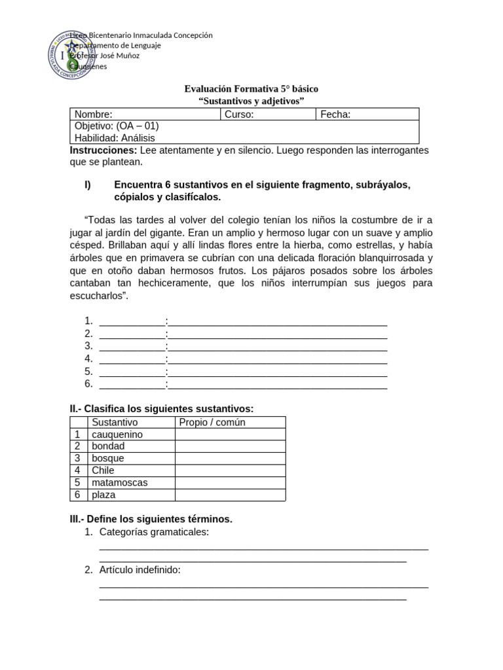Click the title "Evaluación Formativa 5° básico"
[251, 88]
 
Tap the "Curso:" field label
[239, 115]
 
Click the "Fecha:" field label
[335, 115]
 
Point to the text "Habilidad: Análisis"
[115, 138]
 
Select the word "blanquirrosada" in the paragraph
[400, 258]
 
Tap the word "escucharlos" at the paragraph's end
[98, 296]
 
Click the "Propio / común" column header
[212, 423]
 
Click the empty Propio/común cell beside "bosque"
[230, 459]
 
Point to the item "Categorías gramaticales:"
[154, 532]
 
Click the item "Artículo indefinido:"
[140, 570]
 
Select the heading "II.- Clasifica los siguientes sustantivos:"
[161, 409]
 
